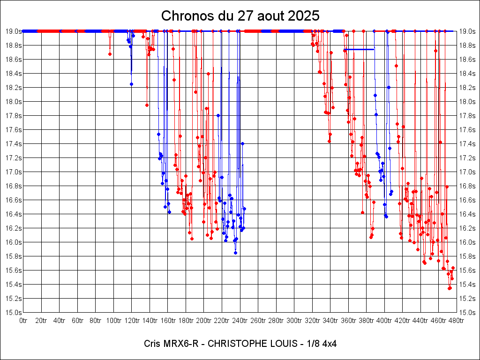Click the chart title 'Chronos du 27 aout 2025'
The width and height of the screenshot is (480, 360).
pyautogui.click(x=240, y=15)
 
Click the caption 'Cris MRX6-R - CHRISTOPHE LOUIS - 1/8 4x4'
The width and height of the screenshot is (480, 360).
pyautogui.click(x=240, y=344)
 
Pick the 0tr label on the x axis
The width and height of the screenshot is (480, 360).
pyautogui.click(x=23, y=321)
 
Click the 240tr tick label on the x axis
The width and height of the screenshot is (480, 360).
pyautogui.click(x=240, y=321)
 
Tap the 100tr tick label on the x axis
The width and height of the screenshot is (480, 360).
pyautogui.click(x=113, y=321)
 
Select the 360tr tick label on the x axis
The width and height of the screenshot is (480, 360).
pyautogui.click(x=348, y=321)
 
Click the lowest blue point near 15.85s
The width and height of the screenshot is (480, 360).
pyautogui.click(x=235, y=253)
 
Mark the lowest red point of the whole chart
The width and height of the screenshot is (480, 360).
pyautogui.click(x=449, y=288)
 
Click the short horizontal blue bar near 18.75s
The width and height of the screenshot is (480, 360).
pyautogui.click(x=359, y=49)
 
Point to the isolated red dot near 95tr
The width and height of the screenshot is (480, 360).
pyautogui.click(x=110, y=54)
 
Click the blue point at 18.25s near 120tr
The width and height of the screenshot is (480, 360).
pyautogui.click(x=131, y=84)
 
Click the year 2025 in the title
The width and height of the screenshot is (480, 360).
pyautogui.click(x=304, y=15)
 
